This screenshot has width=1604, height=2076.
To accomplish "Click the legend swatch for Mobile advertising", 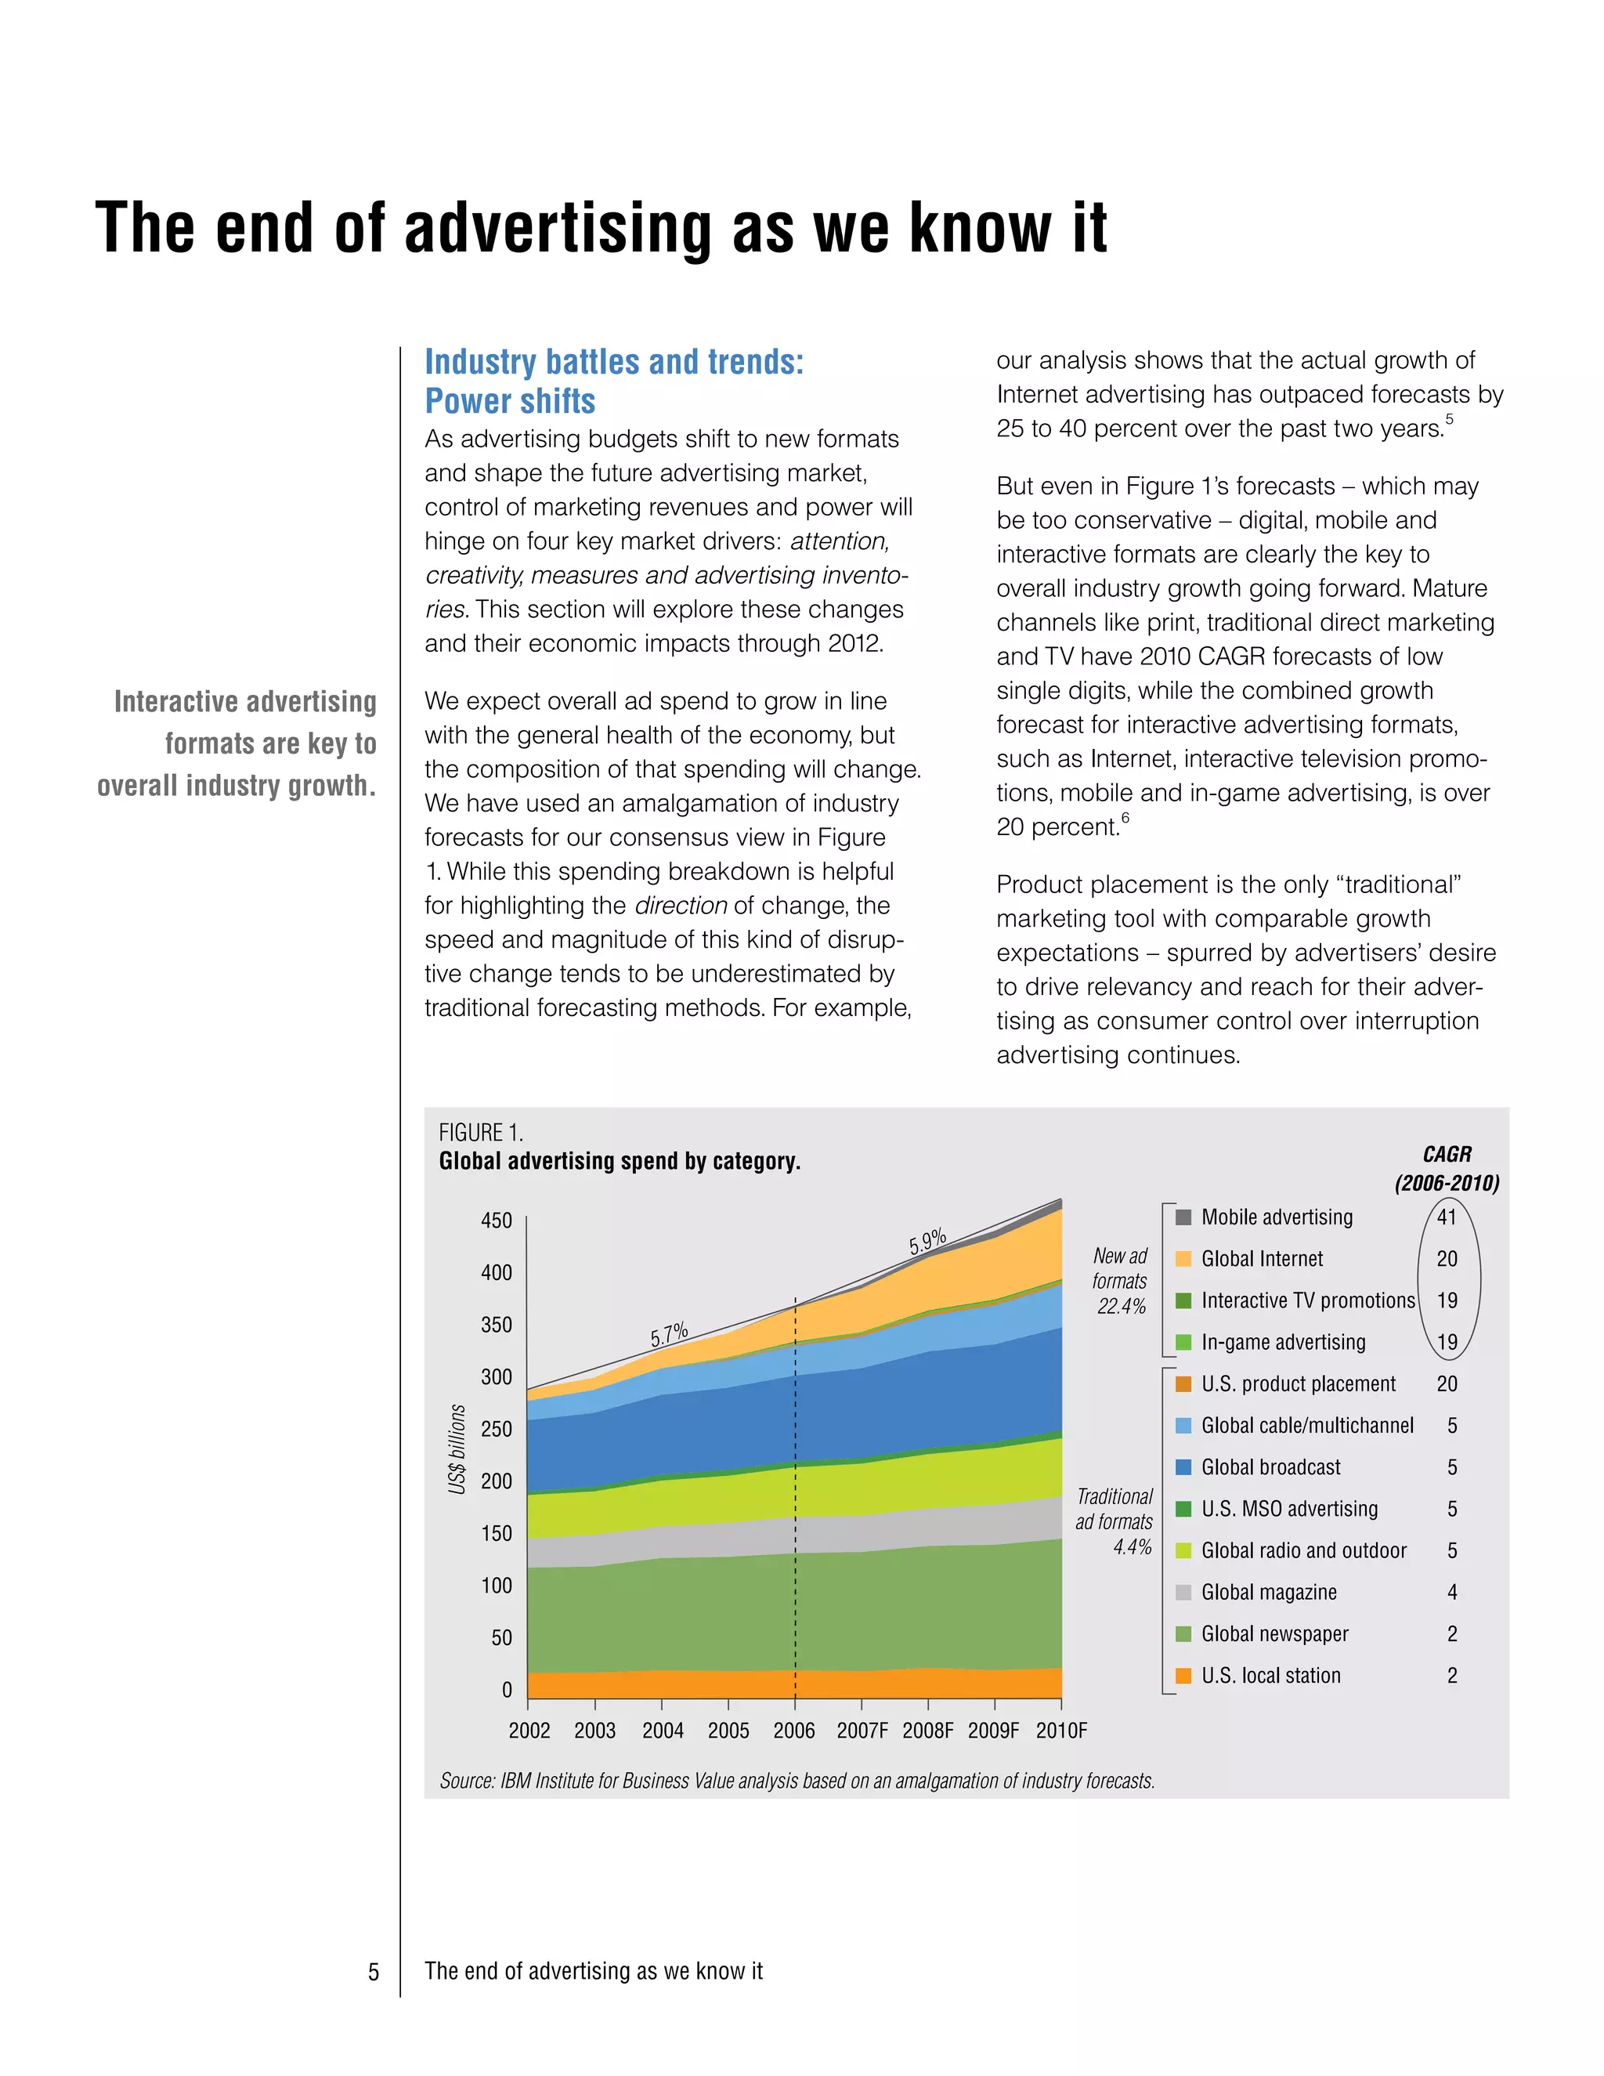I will pyautogui.click(x=1183, y=1217).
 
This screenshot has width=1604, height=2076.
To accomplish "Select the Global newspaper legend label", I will pyautogui.click(x=1274, y=1634).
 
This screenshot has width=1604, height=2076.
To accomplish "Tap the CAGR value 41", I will pyautogui.click(x=1447, y=1217).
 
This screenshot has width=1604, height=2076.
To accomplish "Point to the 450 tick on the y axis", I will pyautogui.click(x=496, y=1221).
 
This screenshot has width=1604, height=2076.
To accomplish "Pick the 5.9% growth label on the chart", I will pyautogui.click(x=927, y=1242).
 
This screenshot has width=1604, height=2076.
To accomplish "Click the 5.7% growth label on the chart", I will pyautogui.click(x=669, y=1335).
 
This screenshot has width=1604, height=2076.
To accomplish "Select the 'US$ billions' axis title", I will pyautogui.click(x=457, y=1448).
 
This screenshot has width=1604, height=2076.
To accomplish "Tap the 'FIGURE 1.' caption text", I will pyautogui.click(x=481, y=1133).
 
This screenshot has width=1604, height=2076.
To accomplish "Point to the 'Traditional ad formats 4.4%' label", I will pyautogui.click(x=1114, y=1522).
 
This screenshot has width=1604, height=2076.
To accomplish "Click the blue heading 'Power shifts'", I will pyautogui.click(x=511, y=402).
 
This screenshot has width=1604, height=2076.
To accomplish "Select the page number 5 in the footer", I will pyautogui.click(x=374, y=1972).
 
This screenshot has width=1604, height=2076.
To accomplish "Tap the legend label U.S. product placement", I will pyautogui.click(x=1298, y=1384).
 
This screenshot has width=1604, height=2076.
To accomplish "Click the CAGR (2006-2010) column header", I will pyautogui.click(x=1447, y=1169).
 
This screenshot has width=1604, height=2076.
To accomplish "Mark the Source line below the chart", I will pyautogui.click(x=797, y=1781).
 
